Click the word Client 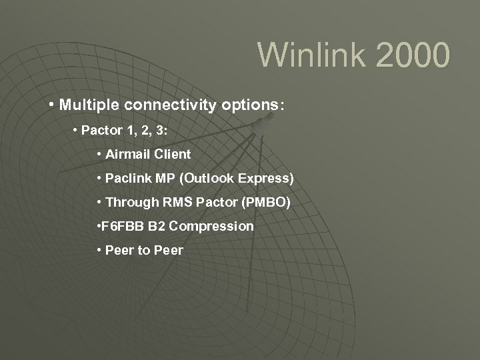(173, 154)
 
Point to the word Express (265, 178)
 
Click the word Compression (211, 226)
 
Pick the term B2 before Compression (157, 226)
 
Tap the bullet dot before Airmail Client (99, 154)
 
